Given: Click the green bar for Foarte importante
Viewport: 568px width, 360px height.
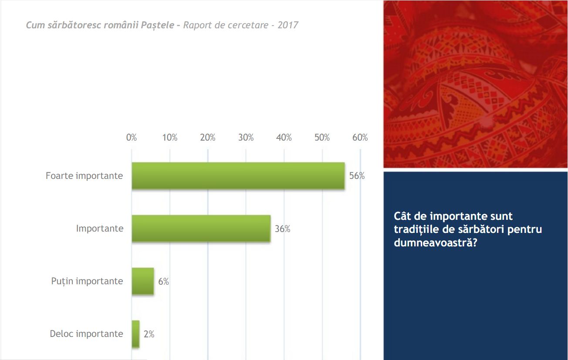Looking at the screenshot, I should click(238, 176).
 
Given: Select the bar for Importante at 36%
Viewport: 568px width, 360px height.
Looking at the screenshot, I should click(201, 229).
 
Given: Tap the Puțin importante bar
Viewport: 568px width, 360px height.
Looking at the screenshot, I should click(143, 281).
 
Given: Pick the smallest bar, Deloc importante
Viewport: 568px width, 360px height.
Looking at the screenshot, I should click(135, 334).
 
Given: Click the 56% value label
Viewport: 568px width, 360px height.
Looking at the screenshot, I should click(357, 176).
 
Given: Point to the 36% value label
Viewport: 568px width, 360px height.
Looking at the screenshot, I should click(282, 229).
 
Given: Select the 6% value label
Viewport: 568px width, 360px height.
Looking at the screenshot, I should click(163, 282).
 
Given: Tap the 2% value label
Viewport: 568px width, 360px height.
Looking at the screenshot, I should click(149, 334).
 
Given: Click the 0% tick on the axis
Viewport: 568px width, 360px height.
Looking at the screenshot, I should click(132, 138).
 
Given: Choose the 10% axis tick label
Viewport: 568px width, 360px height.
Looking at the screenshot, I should click(169, 138).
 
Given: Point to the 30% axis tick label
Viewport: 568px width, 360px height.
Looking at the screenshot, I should click(246, 138).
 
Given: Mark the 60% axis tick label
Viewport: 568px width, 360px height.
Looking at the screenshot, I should click(360, 138).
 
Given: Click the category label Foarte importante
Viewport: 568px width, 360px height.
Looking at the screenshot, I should click(84, 176).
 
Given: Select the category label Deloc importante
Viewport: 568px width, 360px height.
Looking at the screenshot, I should click(86, 334).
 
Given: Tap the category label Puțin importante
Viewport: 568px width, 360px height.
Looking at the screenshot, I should click(87, 281).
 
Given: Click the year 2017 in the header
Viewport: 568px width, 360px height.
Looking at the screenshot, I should click(288, 25).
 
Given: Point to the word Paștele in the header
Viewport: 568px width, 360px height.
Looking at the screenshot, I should click(158, 25).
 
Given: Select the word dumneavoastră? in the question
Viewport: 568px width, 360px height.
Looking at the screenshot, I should click(435, 242).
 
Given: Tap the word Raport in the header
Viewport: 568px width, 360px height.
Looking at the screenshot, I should click(197, 25).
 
